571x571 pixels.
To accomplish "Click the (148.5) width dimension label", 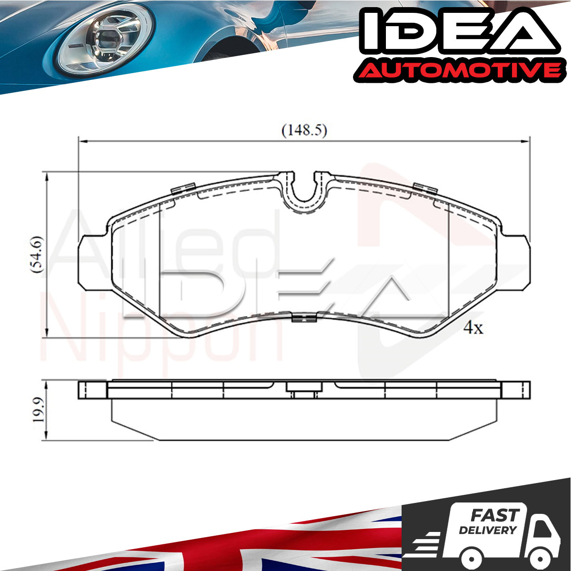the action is tap(304, 130).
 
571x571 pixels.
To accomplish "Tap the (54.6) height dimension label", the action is tap(38, 254).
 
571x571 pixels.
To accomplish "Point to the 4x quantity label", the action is tap(473, 328).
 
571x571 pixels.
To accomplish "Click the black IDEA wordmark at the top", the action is tap(459, 33).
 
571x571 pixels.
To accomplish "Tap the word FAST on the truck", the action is tap(495, 515).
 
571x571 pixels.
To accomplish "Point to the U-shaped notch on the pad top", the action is tap(304, 193).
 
